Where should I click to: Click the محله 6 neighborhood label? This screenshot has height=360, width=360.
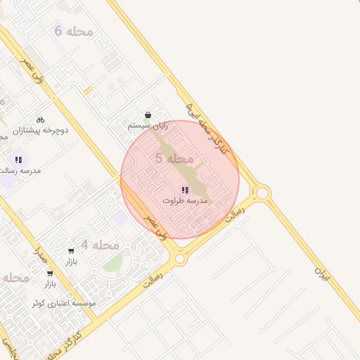pyautogui.click(x=68, y=30)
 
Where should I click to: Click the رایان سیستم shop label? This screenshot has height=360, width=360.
pyautogui.click(x=148, y=124)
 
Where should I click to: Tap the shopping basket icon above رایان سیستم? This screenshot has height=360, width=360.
pyautogui.click(x=148, y=115)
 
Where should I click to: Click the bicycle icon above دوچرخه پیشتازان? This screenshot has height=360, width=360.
pyautogui.click(x=40, y=120)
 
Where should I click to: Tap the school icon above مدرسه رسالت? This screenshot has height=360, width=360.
pyautogui.click(x=18, y=160)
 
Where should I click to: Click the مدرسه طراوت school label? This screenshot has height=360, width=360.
pyautogui.click(x=185, y=200)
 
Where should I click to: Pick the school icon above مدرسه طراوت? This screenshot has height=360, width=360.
pyautogui.click(x=184, y=190)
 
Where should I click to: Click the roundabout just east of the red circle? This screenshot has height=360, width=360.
pyautogui.click(x=262, y=192)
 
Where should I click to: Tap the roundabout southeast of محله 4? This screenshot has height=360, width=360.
pyautogui.click(x=180, y=259)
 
